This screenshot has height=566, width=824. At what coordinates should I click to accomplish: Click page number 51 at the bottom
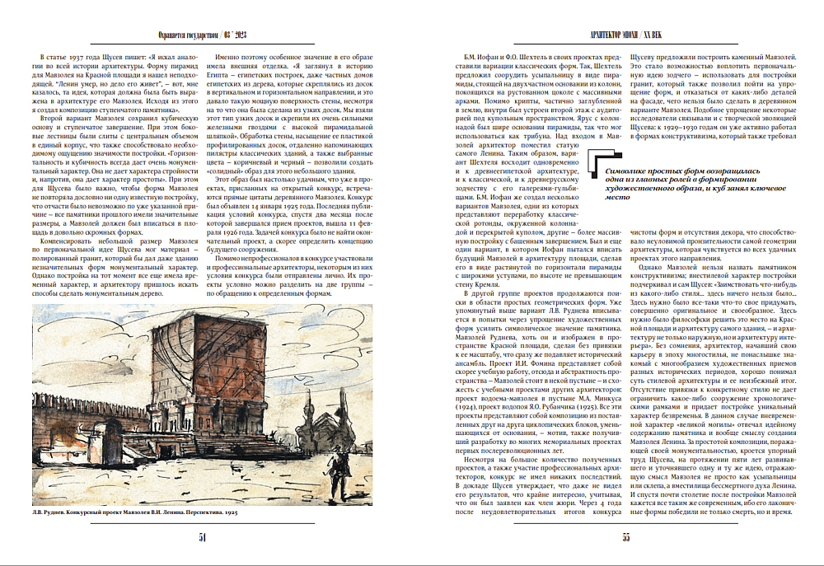point(202,538)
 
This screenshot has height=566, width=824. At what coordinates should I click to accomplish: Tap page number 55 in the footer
point(625,538)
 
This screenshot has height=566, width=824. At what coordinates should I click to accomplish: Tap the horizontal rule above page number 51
point(202,525)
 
